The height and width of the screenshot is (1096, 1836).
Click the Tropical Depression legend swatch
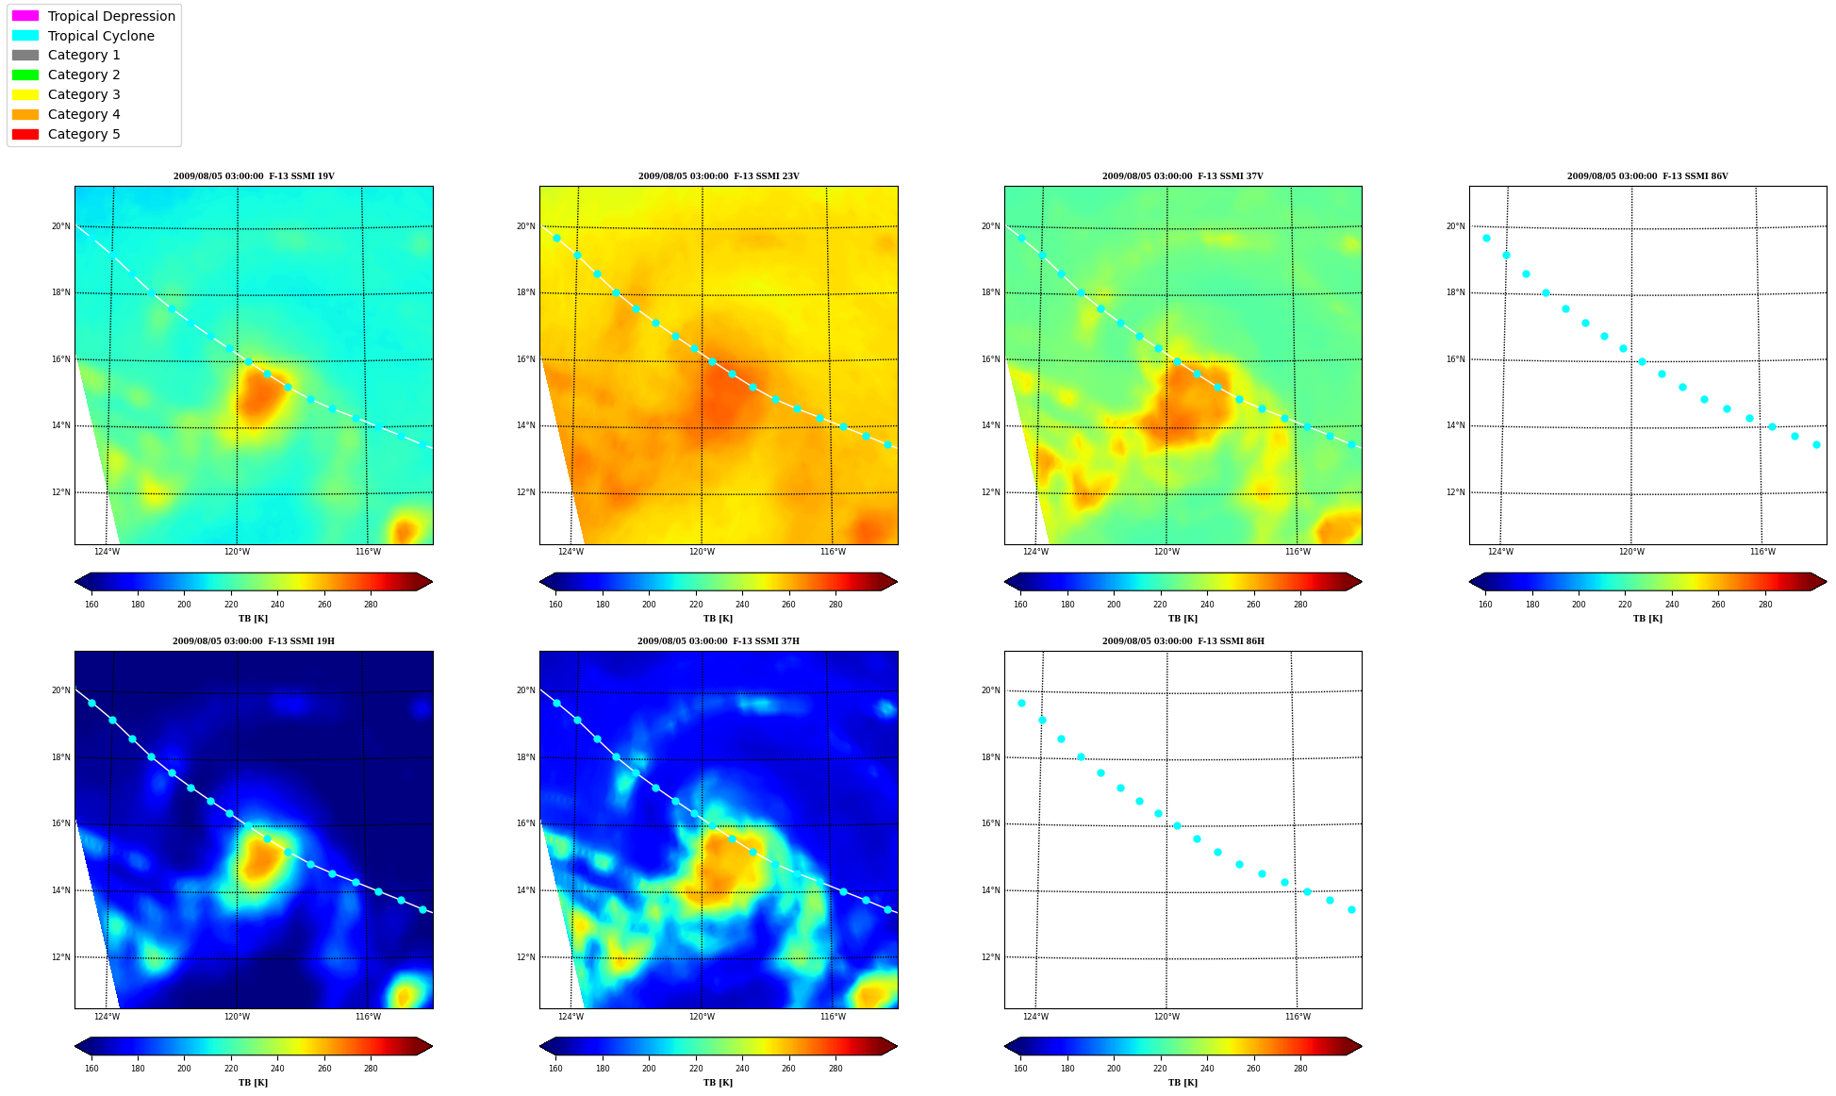25,16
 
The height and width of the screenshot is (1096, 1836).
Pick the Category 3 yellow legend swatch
25,94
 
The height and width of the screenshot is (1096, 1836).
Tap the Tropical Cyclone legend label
101,36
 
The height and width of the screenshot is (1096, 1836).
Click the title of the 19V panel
254,176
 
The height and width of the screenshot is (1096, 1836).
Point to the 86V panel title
1647,176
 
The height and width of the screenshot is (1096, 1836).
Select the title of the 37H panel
719,641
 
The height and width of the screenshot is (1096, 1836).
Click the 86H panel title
1183,641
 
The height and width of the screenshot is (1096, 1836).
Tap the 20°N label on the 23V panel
525,226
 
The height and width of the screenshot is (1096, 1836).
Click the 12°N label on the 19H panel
60,957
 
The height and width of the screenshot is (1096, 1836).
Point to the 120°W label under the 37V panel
1166,552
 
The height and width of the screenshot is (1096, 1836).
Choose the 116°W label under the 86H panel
1298,1017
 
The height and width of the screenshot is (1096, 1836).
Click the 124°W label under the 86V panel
1500,552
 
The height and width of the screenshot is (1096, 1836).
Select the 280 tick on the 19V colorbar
371,605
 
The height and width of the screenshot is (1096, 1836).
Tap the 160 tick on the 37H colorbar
555,1069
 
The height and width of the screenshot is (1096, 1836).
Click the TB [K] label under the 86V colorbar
1647,619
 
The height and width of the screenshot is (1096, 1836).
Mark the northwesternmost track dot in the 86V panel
1486,238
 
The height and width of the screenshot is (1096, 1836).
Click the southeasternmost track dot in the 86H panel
1351,909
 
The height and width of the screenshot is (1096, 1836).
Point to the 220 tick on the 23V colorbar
696,605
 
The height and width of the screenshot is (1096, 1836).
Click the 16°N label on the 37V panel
990,359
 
